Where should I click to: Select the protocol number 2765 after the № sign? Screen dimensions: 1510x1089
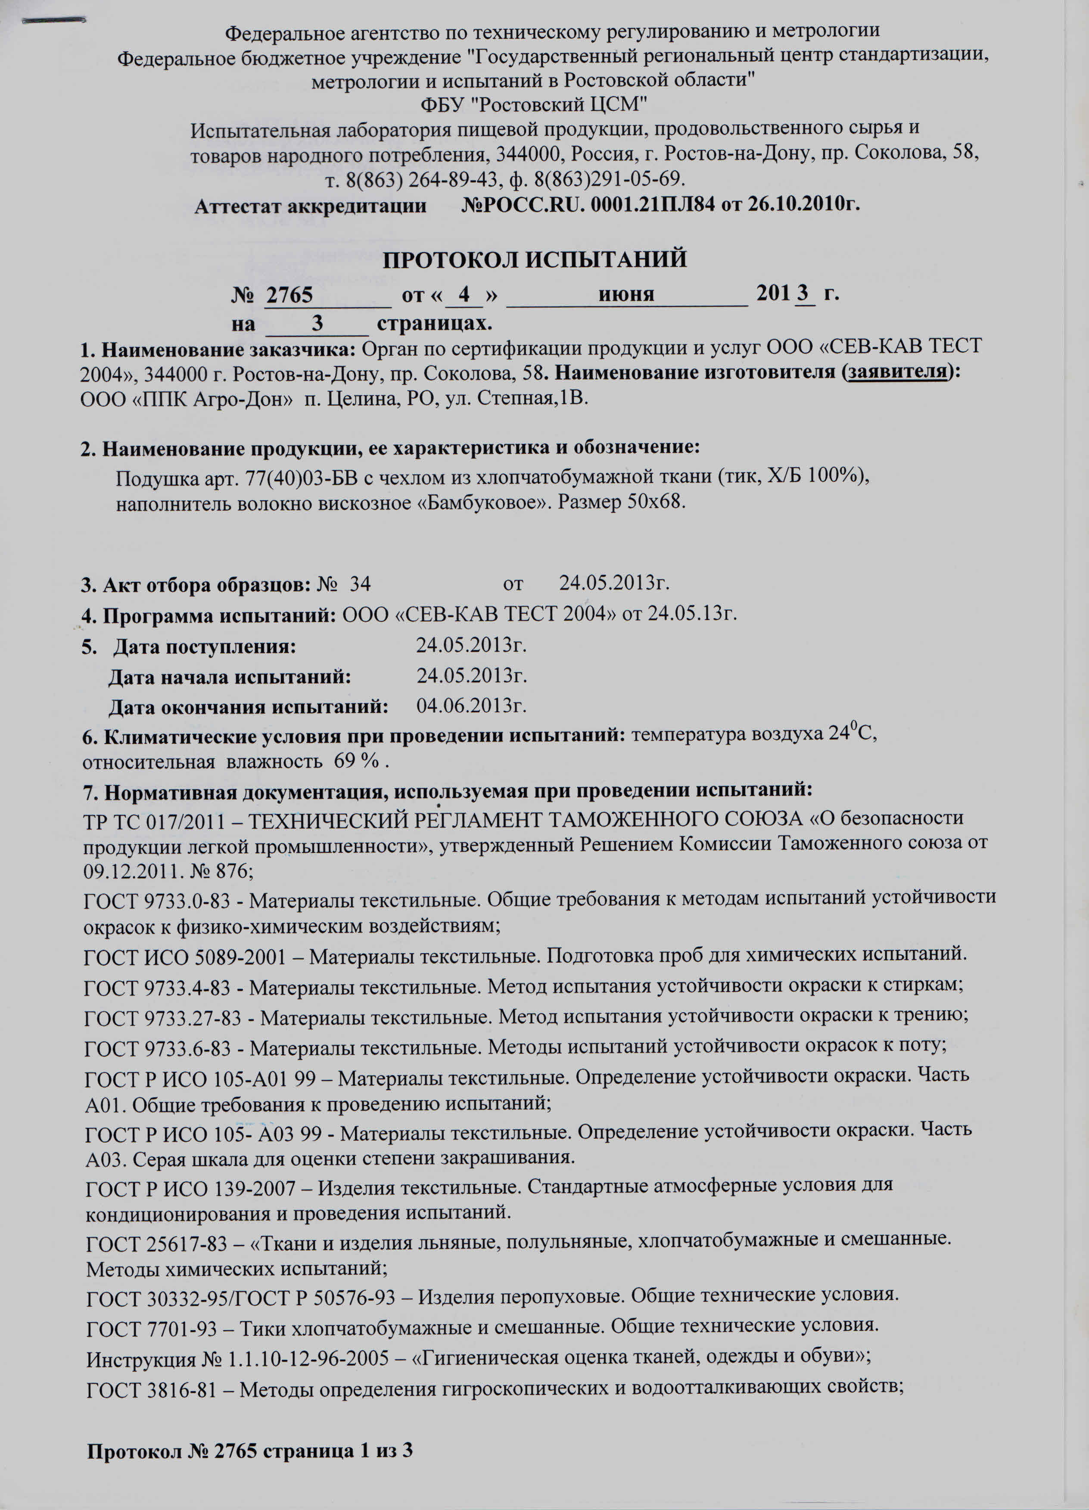pos(289,294)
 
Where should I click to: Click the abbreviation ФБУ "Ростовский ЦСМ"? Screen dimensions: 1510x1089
pos(535,105)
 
